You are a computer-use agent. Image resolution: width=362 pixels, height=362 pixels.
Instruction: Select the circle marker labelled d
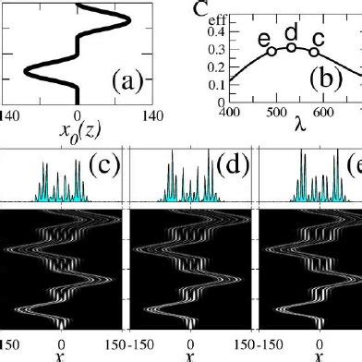291,47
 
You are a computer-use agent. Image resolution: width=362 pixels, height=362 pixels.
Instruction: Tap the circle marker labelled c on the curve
315,52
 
